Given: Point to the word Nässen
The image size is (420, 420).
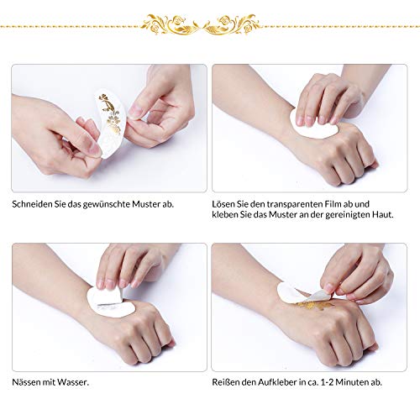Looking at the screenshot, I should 28,382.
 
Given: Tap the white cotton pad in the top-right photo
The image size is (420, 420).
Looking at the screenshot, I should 315,126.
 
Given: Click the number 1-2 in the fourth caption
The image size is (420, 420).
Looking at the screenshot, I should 328,382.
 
